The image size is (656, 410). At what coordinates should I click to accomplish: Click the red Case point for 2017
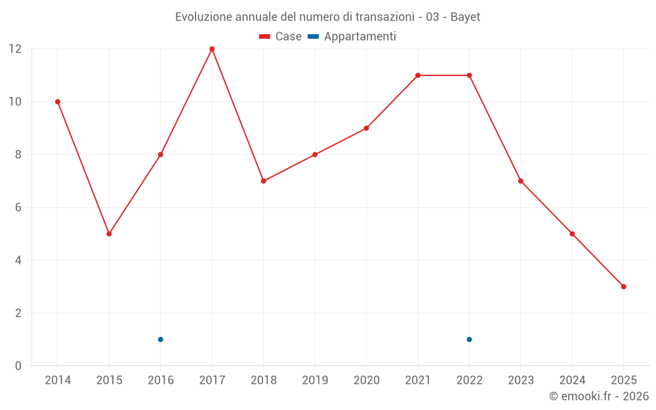[212, 49]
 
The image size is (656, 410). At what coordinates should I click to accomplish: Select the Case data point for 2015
[109, 234]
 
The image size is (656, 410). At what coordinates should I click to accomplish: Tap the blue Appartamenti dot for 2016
[161, 339]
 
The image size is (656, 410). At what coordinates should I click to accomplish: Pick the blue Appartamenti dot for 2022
[469, 339]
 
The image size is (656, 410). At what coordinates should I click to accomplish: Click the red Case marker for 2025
[623, 287]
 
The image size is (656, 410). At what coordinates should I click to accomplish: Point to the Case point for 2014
[58, 102]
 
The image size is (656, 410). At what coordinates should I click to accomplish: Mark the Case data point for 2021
[418, 75]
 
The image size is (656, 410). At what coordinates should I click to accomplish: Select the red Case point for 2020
[366, 128]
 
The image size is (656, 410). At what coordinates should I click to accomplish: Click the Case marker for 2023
[521, 181]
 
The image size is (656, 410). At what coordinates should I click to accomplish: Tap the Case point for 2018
[264, 181]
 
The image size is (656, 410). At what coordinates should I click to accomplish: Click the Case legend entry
[281, 37]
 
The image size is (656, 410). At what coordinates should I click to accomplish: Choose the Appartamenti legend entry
[352, 37]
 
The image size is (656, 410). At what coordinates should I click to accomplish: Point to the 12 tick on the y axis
[14, 49]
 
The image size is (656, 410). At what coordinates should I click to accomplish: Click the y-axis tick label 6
[18, 207]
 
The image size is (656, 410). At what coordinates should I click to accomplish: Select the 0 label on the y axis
[18, 365]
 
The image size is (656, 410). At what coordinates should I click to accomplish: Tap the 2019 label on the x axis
[315, 380]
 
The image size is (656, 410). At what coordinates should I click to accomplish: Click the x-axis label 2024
[572, 380]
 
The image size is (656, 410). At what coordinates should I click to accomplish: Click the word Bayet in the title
[465, 17]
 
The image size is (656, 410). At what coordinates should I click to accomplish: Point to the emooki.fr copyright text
[599, 396]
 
